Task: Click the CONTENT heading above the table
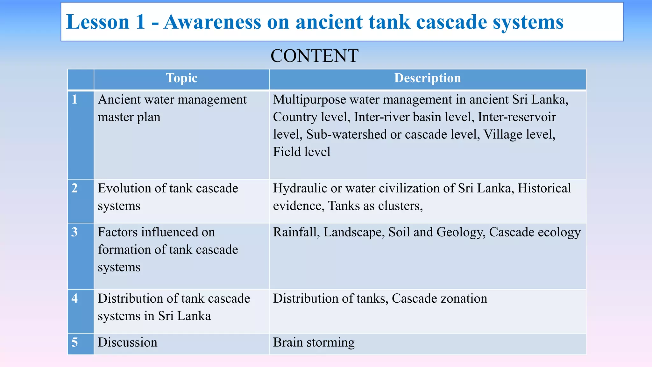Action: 314,56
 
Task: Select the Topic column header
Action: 181,78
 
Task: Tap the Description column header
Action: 427,78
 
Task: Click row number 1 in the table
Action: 74,99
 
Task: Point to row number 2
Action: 74,188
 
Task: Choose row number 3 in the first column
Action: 74,232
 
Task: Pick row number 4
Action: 74,299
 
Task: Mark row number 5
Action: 74,342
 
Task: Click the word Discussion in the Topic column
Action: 127,342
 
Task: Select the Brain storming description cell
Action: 314,342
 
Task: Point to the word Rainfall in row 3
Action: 296,232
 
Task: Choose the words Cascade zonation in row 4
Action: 439,299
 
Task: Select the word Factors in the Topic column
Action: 117,232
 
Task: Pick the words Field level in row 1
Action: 301,152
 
